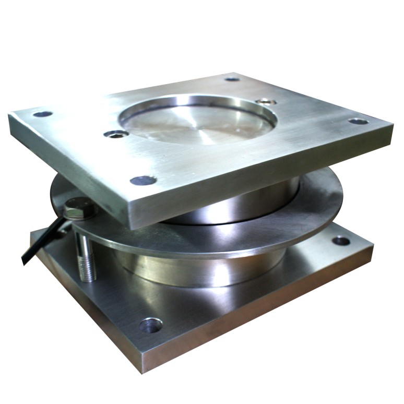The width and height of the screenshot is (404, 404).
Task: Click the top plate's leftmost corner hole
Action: [43, 114]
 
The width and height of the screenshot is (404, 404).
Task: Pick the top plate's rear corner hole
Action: [232, 79]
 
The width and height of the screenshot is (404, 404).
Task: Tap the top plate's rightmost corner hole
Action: [358, 121]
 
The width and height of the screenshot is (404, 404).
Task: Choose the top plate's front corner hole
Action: [143, 181]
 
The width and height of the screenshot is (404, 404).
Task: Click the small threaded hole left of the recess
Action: [116, 134]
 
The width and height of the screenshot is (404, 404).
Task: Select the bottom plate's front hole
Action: [150, 325]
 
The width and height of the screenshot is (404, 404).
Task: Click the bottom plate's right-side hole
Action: [341, 241]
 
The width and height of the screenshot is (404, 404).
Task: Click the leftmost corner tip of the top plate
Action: [9, 116]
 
